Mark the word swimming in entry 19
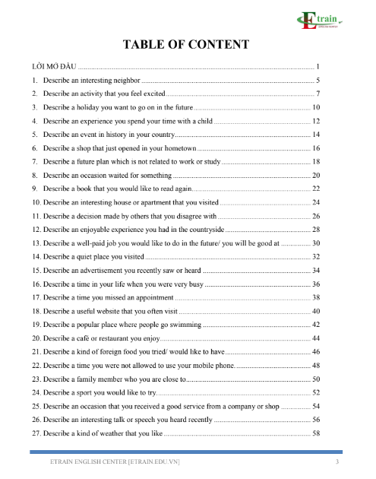click(184, 324)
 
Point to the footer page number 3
click(337, 462)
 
